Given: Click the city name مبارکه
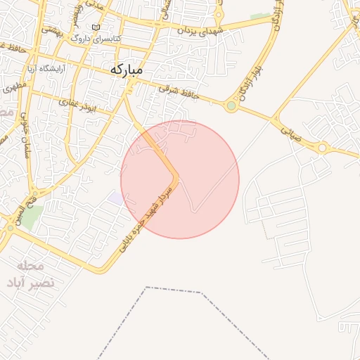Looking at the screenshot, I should click(x=126, y=70).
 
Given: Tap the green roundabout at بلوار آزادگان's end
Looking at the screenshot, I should click(x=231, y=106).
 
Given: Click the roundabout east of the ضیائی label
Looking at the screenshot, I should click(x=322, y=148).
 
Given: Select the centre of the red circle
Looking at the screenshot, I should click(x=180, y=180).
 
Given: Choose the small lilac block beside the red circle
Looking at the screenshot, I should click(x=115, y=198).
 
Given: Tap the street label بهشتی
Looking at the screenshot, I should click(x=53, y=31).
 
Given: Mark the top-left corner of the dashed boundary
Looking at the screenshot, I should click(x=146, y=288).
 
